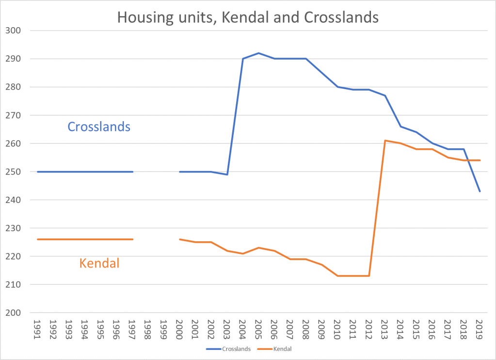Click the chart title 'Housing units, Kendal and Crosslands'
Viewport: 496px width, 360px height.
click(248, 18)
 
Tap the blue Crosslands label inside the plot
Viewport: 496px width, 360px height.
click(99, 126)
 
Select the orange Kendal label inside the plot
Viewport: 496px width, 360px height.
click(99, 264)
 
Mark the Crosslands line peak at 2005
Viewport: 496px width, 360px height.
click(258, 53)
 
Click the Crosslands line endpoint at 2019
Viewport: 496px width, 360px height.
click(480, 191)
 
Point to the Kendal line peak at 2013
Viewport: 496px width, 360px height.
click(384, 141)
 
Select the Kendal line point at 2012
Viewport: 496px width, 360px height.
click(369, 276)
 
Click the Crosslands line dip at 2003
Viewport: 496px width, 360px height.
click(227, 174)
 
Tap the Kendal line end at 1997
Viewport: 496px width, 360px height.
click(132, 239)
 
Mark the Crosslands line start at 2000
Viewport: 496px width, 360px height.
click(179, 172)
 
